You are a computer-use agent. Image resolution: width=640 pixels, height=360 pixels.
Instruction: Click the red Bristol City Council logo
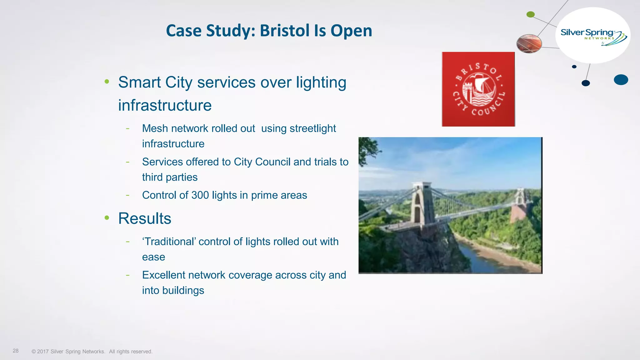(x=478, y=89)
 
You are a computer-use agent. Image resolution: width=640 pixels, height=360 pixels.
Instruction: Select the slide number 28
(x=16, y=351)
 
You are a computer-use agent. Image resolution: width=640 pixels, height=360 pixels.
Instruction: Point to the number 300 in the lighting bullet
(x=200, y=195)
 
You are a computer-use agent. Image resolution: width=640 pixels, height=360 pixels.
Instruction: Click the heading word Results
(x=145, y=218)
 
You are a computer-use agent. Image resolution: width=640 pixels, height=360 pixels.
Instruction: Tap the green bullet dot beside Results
(x=107, y=218)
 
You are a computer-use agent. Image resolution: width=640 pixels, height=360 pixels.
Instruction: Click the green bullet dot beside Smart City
(x=107, y=82)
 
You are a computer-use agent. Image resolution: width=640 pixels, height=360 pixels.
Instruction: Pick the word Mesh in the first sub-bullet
(x=155, y=128)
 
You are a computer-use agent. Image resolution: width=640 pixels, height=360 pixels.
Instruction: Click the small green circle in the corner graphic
(x=531, y=14)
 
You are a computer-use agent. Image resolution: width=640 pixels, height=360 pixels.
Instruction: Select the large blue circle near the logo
(x=621, y=80)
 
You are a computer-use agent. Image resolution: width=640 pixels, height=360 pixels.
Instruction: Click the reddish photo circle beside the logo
(x=529, y=43)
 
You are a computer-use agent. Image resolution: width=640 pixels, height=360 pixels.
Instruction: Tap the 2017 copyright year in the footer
(x=43, y=352)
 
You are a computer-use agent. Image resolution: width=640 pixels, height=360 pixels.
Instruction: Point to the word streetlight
(x=313, y=128)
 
